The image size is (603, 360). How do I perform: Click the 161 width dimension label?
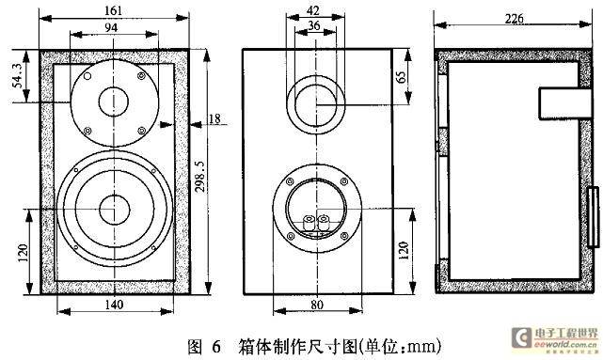113,10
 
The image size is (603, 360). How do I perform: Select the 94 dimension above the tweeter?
111,27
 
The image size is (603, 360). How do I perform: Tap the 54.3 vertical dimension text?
19,76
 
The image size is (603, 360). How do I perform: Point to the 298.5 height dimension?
199,176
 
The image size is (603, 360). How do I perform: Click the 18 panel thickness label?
214,119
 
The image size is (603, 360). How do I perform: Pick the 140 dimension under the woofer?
114,305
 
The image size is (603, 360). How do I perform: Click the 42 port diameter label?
313,10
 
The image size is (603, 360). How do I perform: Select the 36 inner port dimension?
314,25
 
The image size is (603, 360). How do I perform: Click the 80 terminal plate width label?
317,305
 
